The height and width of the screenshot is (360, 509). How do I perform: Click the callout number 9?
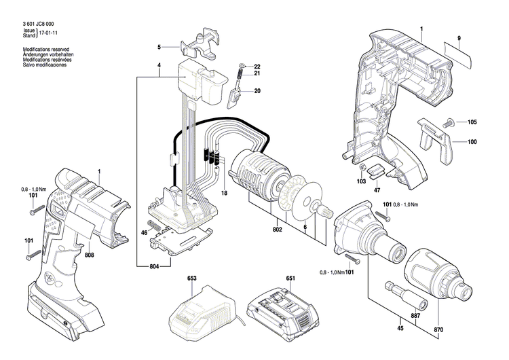pos(459,36)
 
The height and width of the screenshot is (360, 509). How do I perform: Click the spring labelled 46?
pos(155,223)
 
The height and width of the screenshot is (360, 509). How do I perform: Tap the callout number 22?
pos(257,65)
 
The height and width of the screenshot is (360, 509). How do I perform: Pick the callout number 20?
pos(257,91)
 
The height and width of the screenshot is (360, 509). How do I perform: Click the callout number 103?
pos(362,181)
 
